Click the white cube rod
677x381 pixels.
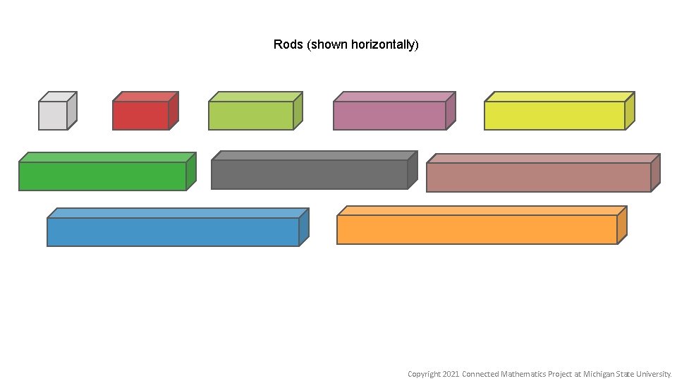(53, 115)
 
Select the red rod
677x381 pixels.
(140, 115)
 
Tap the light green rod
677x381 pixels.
(250, 115)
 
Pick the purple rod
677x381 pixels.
(389, 115)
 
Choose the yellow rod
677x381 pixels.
(554, 115)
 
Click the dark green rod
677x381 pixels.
(102, 176)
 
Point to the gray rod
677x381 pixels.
(309, 174)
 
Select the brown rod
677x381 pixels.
(538, 177)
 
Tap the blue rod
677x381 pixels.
(173, 231)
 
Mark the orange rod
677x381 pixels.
(477, 229)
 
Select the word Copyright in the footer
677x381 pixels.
(424, 374)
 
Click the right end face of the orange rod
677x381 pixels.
(622, 224)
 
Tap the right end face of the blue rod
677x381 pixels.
(304, 226)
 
